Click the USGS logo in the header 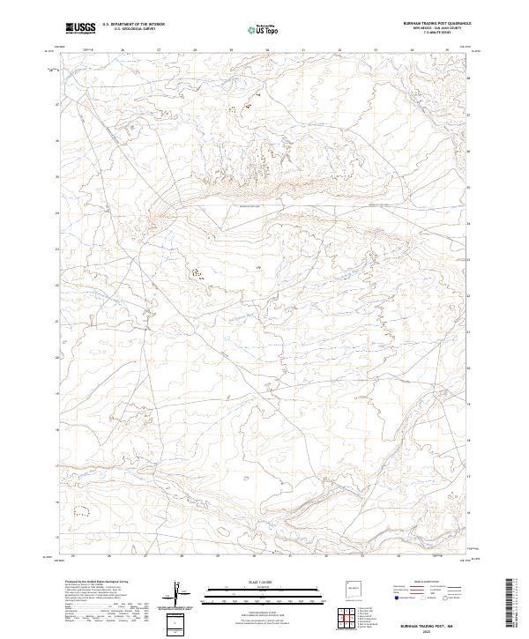coord(81,28)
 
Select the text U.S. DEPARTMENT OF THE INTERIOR coord(133,25)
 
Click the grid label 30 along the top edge coord(266,51)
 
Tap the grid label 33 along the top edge coord(375,51)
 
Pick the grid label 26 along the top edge coord(123,51)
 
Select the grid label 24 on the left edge coord(57,212)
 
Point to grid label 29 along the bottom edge coord(217,556)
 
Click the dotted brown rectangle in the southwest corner coord(83,509)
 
